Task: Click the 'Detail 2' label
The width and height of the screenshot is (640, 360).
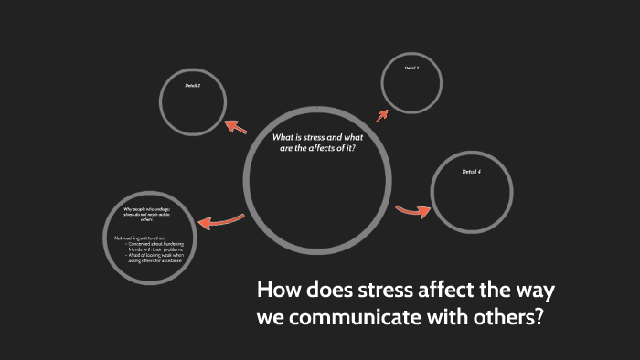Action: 193,84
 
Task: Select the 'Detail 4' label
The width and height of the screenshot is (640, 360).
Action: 471,173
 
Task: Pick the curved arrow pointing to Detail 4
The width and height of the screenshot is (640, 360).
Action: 413,211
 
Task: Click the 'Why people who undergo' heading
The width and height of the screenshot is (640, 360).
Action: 146,211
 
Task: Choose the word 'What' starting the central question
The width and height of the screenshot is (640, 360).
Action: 284,138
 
